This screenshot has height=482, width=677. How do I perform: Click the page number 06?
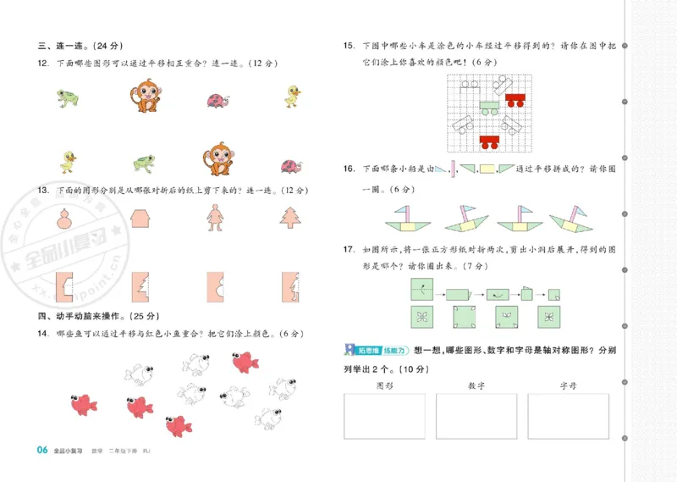click(x=41, y=450)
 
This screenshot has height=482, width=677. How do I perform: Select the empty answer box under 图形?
click(x=384, y=416)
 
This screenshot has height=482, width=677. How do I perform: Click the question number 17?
click(x=349, y=250)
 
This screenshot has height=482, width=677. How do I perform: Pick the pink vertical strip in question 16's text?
click(x=454, y=169)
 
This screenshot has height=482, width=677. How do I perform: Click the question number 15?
click(x=349, y=46)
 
